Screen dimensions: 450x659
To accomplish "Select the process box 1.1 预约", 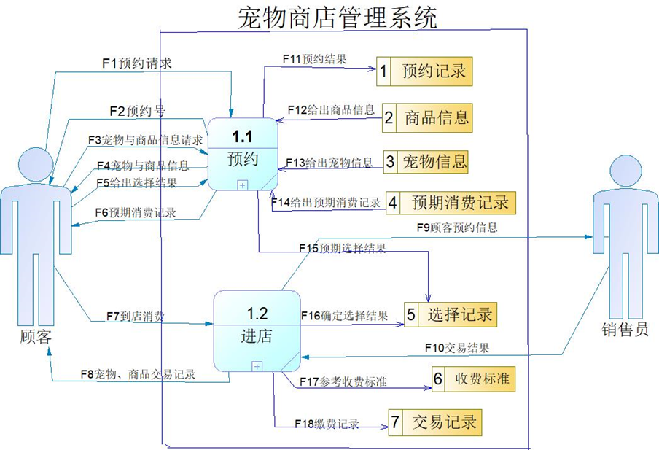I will point(243,154).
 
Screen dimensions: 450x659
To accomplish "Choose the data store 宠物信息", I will point(426,161).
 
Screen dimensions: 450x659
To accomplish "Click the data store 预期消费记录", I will point(451,202).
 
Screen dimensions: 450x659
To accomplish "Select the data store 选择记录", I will point(450,314).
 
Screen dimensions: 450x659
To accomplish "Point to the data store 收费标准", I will point(473,379).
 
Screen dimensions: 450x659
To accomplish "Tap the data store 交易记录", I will point(434,422).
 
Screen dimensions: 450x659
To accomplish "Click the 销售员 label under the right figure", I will point(625,329).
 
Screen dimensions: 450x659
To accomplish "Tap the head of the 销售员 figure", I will point(626,170).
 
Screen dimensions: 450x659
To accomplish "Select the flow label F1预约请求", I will point(136,63).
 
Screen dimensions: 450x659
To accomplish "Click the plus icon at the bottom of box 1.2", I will point(257,366).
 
